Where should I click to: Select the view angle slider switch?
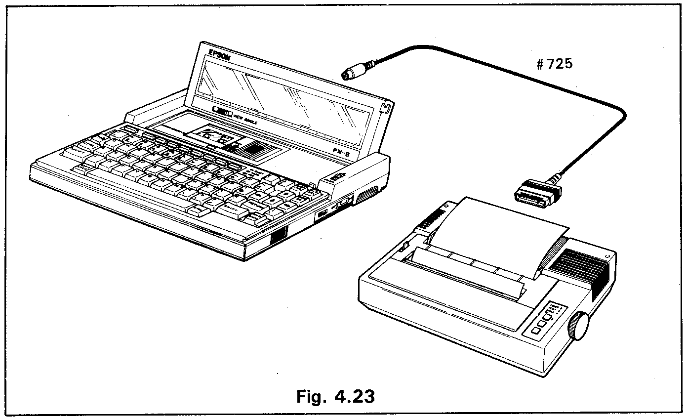click(222, 112)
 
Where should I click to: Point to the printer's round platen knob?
click(579, 326)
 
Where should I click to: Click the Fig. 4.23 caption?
click(334, 396)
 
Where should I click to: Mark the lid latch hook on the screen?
click(388, 106)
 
